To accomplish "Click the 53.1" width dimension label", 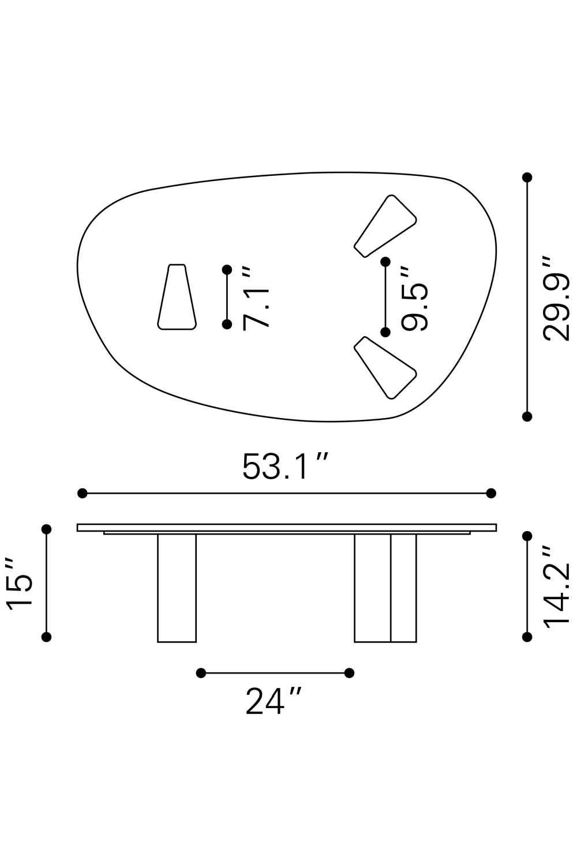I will [285, 467].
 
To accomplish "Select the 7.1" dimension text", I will [256, 298].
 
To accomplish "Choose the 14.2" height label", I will [557, 586].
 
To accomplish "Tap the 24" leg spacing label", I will [273, 701].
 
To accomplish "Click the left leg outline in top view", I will [177, 298].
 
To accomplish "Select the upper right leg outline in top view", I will [385, 227].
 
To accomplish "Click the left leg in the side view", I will [177, 588].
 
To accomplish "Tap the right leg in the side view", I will [385, 588].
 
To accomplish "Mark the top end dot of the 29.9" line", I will [527, 177].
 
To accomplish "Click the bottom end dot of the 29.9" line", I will [527, 416].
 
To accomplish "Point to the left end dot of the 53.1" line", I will [83, 493].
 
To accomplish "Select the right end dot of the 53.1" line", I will [491, 493].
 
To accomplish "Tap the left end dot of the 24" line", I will [201, 673].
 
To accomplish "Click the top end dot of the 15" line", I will [47, 529].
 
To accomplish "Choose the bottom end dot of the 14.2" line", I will [527, 637].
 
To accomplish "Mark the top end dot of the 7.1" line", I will [227, 270].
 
